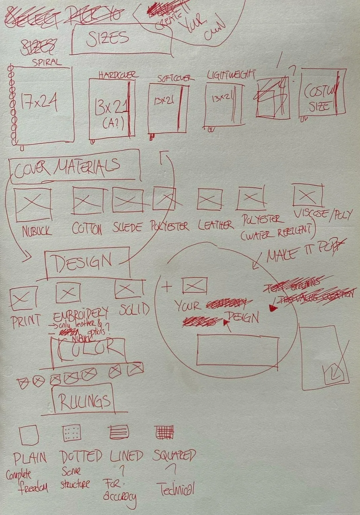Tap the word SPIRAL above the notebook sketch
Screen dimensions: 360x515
tap(47, 62)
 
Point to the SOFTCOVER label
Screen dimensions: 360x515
tap(176, 78)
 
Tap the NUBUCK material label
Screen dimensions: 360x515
tap(37, 231)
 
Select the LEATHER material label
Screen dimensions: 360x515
tap(215, 225)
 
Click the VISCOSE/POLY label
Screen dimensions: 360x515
tap(322, 214)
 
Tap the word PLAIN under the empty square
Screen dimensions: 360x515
tap(30, 458)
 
